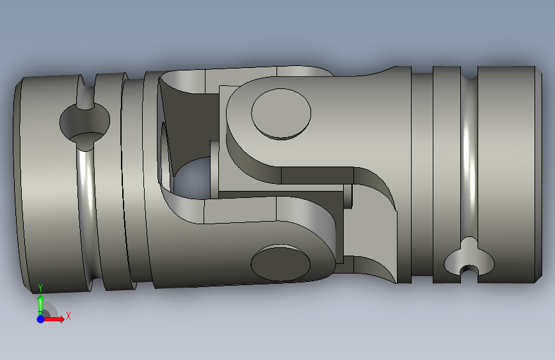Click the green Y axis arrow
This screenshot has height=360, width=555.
pyautogui.click(x=40, y=304)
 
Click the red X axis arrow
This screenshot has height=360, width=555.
pyautogui.click(x=54, y=319)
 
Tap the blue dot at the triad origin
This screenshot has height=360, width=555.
pyautogui.click(x=41, y=319)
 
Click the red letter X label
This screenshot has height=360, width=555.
pyautogui.click(x=68, y=316)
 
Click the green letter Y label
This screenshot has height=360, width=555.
pyautogui.click(x=40, y=288)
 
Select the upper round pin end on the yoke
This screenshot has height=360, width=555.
pyautogui.click(x=281, y=114)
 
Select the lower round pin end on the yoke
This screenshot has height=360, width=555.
pyautogui.click(x=280, y=263)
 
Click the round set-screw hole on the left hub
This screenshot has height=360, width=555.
pyautogui.click(x=84, y=122)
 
